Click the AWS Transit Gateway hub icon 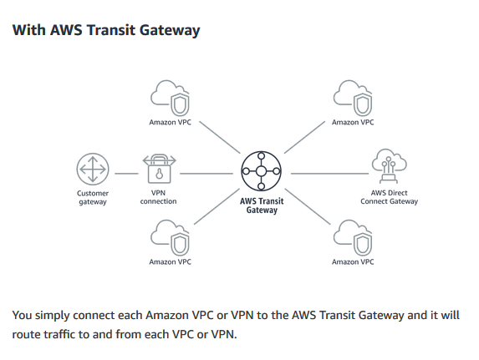pyautogui.click(x=261, y=171)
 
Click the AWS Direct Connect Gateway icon pyautogui.click(x=389, y=166)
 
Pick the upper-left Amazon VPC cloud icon pyautogui.click(x=170, y=98)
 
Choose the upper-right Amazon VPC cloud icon pyautogui.click(x=353, y=98)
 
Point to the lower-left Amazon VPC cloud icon pyautogui.click(x=170, y=237)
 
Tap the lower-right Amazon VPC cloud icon pyautogui.click(x=353, y=237)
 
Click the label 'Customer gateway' pyautogui.click(x=93, y=198)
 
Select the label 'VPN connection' pyautogui.click(x=158, y=197)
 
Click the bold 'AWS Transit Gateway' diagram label pyautogui.click(x=262, y=205)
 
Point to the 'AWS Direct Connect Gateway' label pyautogui.click(x=389, y=197)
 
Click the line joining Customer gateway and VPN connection pyautogui.click(x=126, y=174)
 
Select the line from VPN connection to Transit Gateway pyautogui.click(x=206, y=174)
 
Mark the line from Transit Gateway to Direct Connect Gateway pyautogui.click(x=329, y=174)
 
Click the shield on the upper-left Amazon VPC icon pyautogui.click(x=180, y=104)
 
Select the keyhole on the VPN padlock pyautogui.click(x=159, y=175)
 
